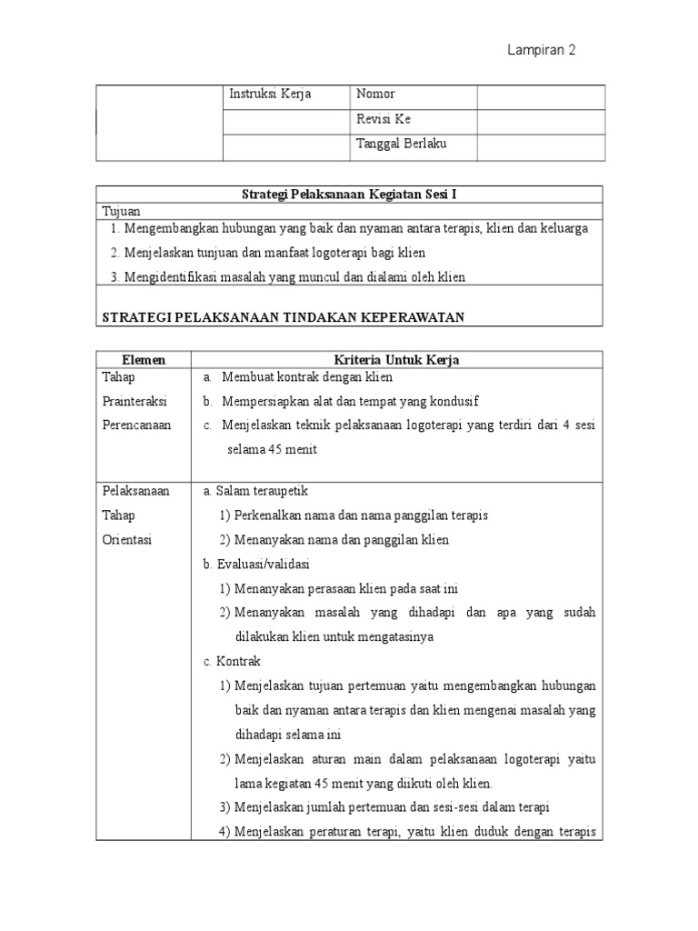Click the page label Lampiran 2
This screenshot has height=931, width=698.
541,51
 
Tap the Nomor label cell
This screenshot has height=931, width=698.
375,95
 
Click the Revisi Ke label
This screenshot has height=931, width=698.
384,119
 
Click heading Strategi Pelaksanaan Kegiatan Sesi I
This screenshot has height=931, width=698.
350,194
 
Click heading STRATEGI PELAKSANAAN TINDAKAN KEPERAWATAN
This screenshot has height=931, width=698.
284,315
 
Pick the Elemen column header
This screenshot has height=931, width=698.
143,360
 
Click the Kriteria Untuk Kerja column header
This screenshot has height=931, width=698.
397,360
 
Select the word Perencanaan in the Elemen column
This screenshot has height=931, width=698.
136,425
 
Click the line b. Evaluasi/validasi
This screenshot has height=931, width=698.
257,564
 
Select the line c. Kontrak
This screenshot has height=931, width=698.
232,661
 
